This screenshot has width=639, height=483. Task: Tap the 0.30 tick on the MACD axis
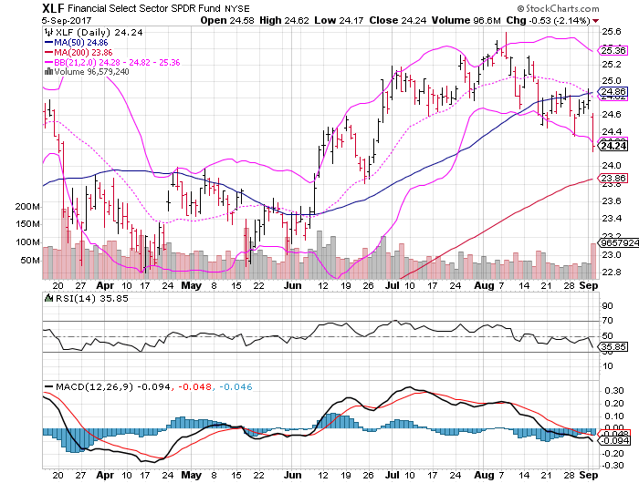pos(613,390)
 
